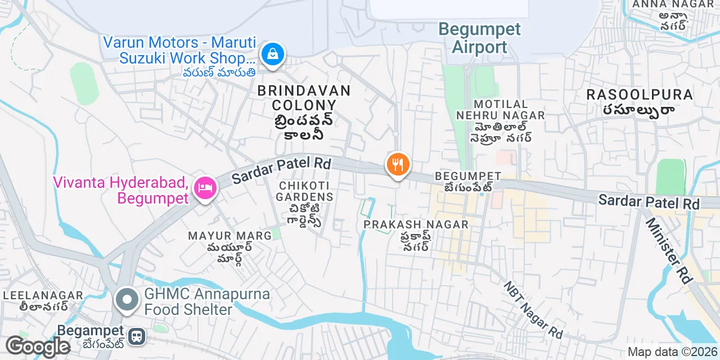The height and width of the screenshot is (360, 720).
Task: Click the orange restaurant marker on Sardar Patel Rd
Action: (x=398, y=165)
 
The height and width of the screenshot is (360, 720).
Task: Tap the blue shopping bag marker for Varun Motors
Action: (x=273, y=54)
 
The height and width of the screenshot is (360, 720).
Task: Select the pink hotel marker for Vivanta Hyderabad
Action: (x=205, y=187)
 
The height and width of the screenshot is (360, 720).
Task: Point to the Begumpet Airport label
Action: (x=479, y=38)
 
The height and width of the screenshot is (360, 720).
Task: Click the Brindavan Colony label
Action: (x=304, y=97)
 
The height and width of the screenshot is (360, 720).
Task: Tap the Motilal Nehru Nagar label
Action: (x=501, y=110)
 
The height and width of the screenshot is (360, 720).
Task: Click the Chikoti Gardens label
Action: (x=305, y=191)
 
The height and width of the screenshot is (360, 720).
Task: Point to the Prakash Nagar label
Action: (x=416, y=224)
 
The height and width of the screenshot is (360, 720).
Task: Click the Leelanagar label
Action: (x=43, y=295)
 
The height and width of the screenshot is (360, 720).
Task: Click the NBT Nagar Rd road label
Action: (x=533, y=310)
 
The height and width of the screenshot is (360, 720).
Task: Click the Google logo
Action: (x=38, y=347)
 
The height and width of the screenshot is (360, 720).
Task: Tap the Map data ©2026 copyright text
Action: (x=672, y=352)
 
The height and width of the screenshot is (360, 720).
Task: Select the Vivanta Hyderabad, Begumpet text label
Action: (x=120, y=190)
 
